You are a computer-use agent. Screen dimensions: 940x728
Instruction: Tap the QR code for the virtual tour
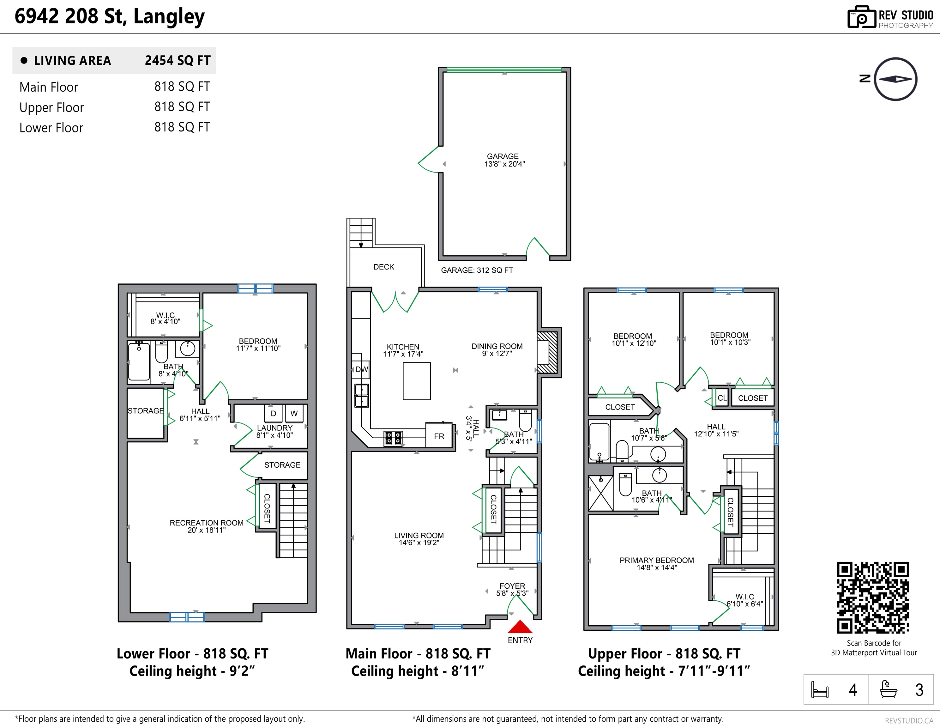tap(873, 597)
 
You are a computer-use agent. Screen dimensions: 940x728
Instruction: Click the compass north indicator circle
tap(896, 79)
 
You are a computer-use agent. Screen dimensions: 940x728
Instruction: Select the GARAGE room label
tap(503, 156)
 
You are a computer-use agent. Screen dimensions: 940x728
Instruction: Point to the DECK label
tap(383, 267)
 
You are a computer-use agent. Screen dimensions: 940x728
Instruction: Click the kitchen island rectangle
tap(417, 381)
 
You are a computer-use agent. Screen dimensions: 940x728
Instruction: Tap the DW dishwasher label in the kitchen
tap(362, 369)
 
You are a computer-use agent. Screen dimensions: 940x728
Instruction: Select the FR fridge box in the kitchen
tap(439, 436)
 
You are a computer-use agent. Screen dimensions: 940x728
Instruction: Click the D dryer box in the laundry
tap(273, 413)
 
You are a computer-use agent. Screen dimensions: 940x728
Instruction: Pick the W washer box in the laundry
tap(294, 413)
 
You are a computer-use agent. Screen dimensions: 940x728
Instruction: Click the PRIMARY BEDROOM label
tap(657, 560)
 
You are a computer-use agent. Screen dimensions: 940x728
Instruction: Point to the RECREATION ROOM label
tap(207, 523)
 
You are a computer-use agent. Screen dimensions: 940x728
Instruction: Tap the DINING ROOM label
tap(497, 346)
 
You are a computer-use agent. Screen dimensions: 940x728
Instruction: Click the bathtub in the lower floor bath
tap(139, 361)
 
